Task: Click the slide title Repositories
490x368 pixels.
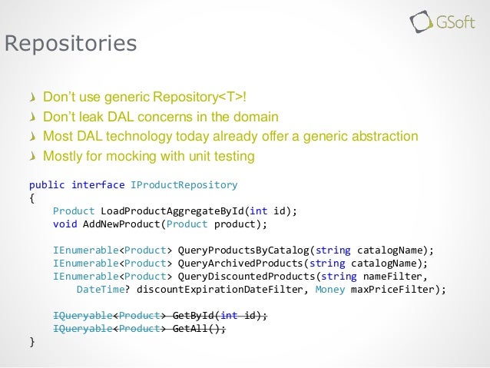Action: (71, 43)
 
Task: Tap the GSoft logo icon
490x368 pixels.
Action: (421, 21)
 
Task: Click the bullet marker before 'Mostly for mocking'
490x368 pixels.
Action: (31, 157)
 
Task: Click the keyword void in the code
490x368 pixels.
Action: (65, 224)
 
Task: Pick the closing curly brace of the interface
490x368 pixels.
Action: (31, 342)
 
